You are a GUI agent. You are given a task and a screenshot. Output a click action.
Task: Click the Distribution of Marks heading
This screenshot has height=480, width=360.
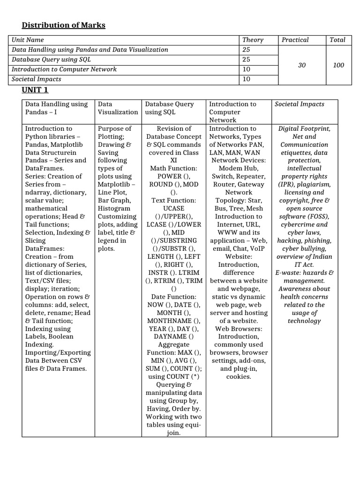[x=64, y=25]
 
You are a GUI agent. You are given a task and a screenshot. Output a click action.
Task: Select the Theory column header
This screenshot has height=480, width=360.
[x=253, y=40]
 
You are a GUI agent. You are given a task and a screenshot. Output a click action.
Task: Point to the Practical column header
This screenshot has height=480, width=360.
[x=295, y=40]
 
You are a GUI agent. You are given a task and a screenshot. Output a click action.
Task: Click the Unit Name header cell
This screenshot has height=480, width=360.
[x=28, y=40]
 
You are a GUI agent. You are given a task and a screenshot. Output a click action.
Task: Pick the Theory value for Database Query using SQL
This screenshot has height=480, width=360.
[x=246, y=60]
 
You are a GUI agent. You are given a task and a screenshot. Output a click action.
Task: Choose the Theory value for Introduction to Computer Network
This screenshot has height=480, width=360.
[x=246, y=69]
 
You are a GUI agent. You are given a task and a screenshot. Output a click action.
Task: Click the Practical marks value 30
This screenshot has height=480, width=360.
[x=302, y=65]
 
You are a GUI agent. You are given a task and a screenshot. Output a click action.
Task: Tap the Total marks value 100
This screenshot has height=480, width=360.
[x=338, y=65]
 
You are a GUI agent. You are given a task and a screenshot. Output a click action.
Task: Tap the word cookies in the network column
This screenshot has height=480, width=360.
[x=239, y=376]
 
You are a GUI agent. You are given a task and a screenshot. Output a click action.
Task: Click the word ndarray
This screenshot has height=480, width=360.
[x=40, y=192]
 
